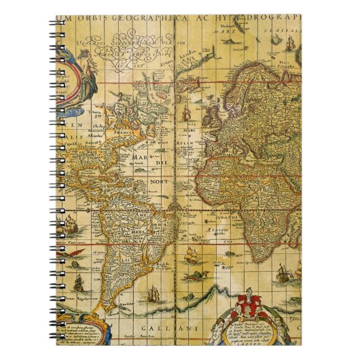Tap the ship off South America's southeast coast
pos(192,256)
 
